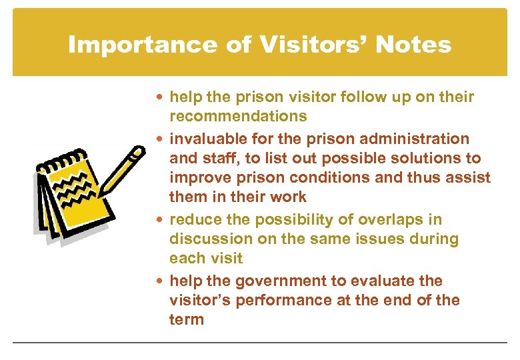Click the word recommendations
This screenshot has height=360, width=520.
[x=238, y=117]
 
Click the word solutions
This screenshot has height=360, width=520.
[x=414, y=158]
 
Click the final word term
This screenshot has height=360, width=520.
[x=187, y=319]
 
